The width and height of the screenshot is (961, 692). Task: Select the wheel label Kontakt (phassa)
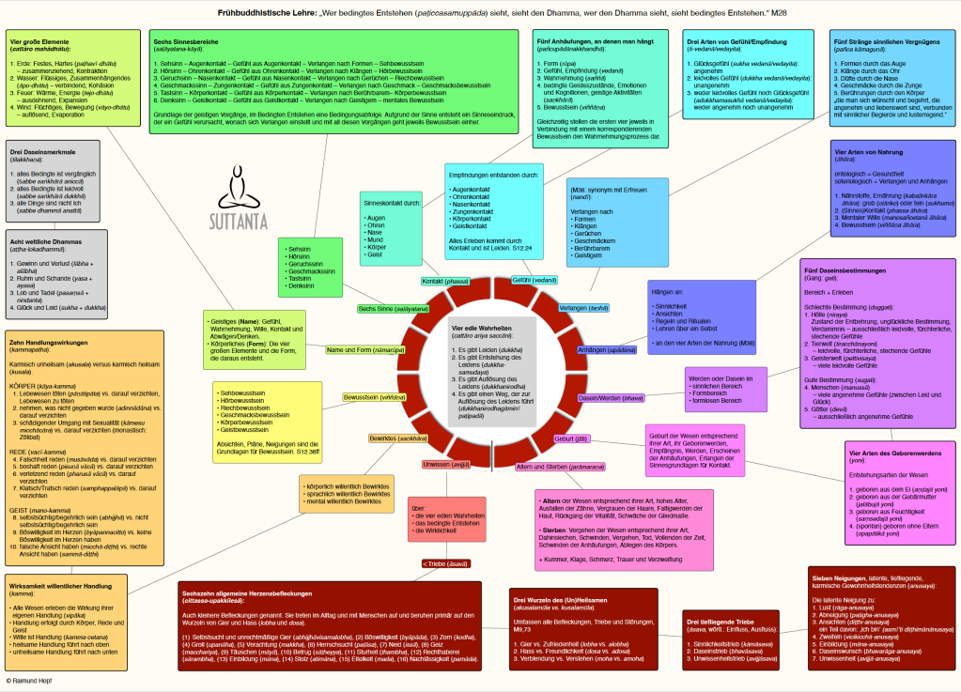tap(444, 281)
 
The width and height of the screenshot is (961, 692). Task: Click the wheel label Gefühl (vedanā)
tap(534, 280)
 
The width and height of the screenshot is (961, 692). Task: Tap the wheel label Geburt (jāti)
tap(572, 438)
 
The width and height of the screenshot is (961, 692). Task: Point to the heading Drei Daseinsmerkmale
tap(42, 152)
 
